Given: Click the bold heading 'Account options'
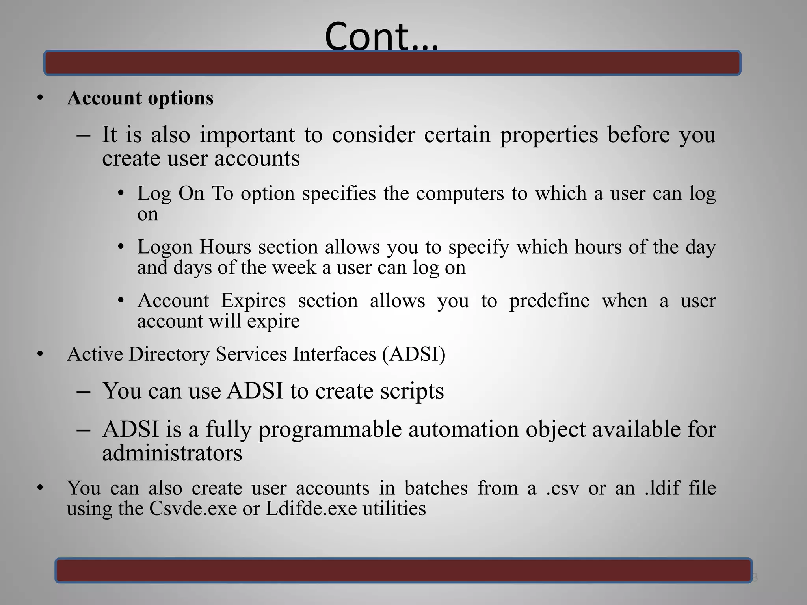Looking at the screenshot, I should pyautogui.click(x=140, y=98).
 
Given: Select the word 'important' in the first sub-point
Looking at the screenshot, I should pyautogui.click(x=247, y=135).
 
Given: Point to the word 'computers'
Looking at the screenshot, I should pyautogui.click(x=460, y=194).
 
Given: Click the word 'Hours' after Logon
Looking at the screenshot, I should pyautogui.click(x=225, y=247).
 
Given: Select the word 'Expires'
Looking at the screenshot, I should pyautogui.click(x=253, y=301).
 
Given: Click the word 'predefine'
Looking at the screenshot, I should pyautogui.click(x=549, y=301).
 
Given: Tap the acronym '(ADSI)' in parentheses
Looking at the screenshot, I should pyautogui.click(x=413, y=354).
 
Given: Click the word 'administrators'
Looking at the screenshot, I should pyautogui.click(x=172, y=453).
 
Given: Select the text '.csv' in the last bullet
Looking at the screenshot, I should pyautogui.click(x=562, y=488).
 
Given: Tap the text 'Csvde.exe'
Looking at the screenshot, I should pyautogui.click(x=193, y=508).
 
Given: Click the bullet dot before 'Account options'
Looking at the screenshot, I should pyautogui.click(x=40, y=98).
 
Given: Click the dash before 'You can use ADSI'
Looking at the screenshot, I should pyautogui.click(x=84, y=392).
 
